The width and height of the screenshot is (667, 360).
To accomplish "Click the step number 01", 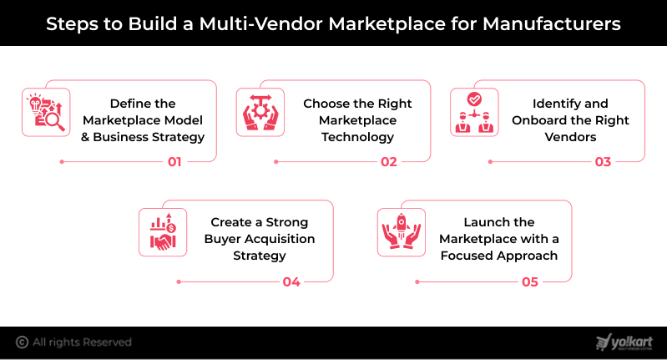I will coord(174,162).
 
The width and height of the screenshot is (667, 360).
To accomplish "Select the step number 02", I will coord(389,162).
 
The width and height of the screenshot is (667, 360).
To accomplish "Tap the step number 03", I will coord(604,162).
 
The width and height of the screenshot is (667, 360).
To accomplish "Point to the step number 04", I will coord(291,281).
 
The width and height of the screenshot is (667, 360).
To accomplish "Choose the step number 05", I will coord(530,281).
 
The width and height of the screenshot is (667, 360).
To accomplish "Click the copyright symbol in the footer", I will coord(22,342).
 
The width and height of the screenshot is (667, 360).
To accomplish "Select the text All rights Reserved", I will coord(82,342).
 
